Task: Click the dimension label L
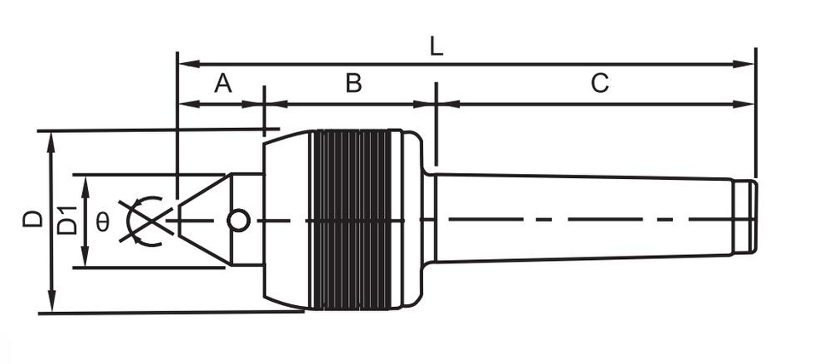(436, 48)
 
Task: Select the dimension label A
(223, 84)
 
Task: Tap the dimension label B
(354, 84)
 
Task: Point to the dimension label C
(600, 84)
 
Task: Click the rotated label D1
(67, 221)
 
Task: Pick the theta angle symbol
(102, 222)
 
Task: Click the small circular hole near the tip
(239, 221)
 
